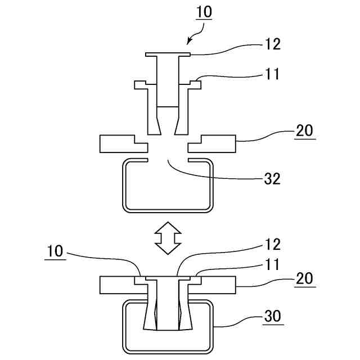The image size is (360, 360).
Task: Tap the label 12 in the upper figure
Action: point(272,44)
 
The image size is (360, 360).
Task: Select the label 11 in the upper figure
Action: point(272,73)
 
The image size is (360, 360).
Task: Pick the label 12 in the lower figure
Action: point(272,245)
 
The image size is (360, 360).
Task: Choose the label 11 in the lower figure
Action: point(272,262)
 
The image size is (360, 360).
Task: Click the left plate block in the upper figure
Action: point(118,144)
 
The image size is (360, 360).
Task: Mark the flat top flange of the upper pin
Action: point(168,54)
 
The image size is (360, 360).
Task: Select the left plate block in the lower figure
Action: point(118,285)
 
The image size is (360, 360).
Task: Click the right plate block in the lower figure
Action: point(217,285)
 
